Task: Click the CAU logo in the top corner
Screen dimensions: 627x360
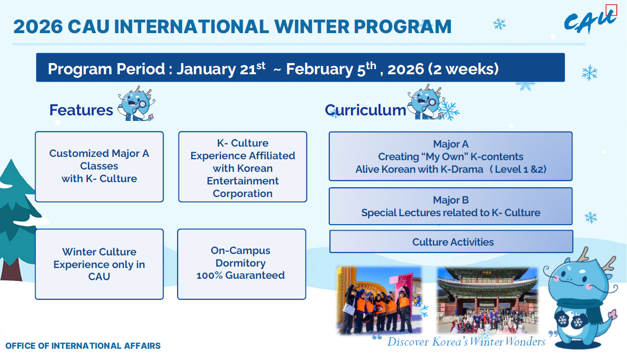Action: pyautogui.click(x=590, y=22)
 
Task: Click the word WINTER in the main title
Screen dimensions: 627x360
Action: pyautogui.click(x=312, y=27)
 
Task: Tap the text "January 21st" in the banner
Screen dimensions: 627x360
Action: pyautogui.click(x=221, y=69)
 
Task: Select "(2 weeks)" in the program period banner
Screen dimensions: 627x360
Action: pyautogui.click(x=463, y=69)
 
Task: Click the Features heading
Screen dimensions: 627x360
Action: pyautogui.click(x=81, y=110)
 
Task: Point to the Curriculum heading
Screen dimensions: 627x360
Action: pyautogui.click(x=365, y=110)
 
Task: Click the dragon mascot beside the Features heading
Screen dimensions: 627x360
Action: pyautogui.click(x=136, y=104)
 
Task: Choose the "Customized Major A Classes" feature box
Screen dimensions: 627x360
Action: pyautogui.click(x=100, y=167)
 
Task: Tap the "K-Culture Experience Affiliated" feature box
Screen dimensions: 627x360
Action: pyautogui.click(x=242, y=167)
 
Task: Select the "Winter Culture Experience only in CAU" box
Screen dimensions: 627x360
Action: pyautogui.click(x=100, y=264)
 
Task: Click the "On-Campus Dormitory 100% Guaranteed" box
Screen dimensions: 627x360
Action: pyautogui.click(x=242, y=264)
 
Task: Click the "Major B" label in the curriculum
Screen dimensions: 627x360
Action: pyautogui.click(x=451, y=200)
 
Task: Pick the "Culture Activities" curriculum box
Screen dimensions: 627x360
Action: pyautogui.click(x=451, y=242)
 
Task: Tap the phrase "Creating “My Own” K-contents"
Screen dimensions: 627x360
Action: pyautogui.click(x=451, y=156)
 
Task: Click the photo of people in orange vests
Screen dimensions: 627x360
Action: pyautogui.click(x=379, y=300)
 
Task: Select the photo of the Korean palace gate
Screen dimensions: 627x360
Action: pyautogui.click(x=487, y=300)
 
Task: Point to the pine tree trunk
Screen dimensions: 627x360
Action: pyautogui.click(x=11, y=269)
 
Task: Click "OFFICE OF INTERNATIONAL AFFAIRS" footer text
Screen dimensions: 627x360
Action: pyautogui.click(x=83, y=346)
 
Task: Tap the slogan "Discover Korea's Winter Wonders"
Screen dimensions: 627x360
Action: pyautogui.click(x=466, y=342)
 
